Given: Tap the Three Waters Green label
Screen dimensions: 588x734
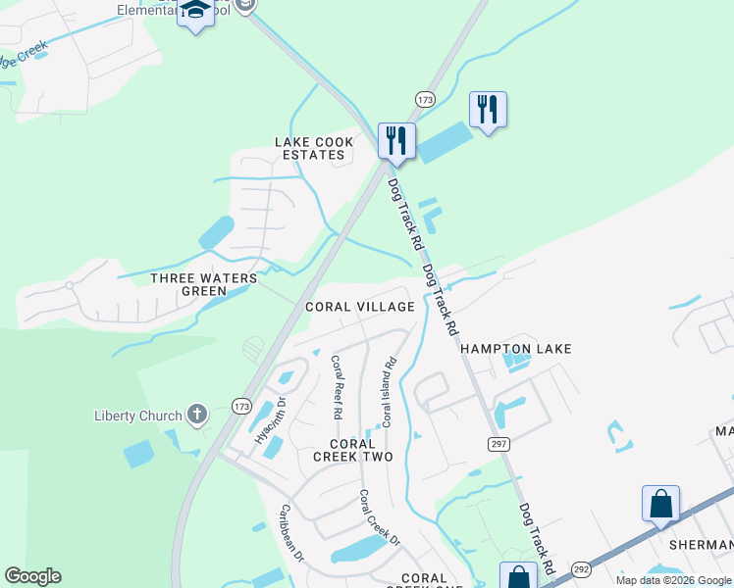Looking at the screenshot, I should click(x=203, y=284).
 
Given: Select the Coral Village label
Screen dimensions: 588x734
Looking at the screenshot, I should click(x=359, y=307).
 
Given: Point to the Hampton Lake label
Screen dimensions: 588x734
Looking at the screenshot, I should click(x=515, y=349).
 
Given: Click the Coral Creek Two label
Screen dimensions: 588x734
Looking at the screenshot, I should click(x=353, y=451).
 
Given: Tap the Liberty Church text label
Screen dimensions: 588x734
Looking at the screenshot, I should click(x=138, y=416).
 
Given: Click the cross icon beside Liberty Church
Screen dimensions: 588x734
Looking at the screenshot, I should click(x=196, y=415).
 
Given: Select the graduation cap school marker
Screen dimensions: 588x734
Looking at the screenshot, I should click(x=195, y=11).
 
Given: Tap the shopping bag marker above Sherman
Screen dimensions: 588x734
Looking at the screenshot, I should click(x=660, y=504).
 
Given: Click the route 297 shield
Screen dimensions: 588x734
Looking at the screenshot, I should click(x=498, y=444).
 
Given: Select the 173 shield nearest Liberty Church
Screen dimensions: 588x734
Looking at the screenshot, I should click(x=241, y=405).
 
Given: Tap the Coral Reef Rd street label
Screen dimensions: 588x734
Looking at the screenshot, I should click(x=337, y=387).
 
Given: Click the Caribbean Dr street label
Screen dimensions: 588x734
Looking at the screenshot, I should click(x=293, y=531).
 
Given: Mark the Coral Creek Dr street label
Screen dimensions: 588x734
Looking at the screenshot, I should click(x=379, y=518).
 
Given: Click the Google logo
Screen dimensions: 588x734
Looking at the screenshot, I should click(x=32, y=576).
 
